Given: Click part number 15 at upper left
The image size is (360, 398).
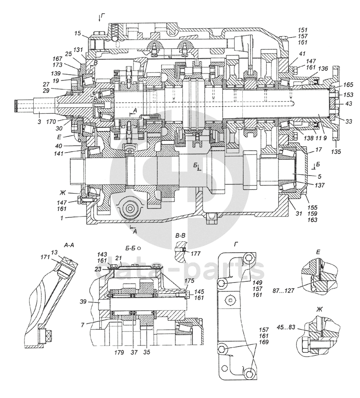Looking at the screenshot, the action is pyautogui.click(x=78, y=33).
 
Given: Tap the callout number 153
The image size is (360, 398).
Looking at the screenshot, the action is pyautogui.click(x=348, y=95).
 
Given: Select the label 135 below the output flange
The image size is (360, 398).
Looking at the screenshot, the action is pyautogui.click(x=336, y=152).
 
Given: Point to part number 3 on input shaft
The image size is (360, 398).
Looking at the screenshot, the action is pyautogui.click(x=39, y=122).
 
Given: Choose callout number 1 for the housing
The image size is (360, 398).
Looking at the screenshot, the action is pyautogui.click(x=62, y=218).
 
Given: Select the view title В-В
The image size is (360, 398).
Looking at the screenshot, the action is pyautogui.click(x=180, y=236).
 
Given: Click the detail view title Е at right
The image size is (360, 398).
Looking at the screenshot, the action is pyautogui.click(x=318, y=252).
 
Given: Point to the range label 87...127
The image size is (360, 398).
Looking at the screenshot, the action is pyautogui.click(x=284, y=290).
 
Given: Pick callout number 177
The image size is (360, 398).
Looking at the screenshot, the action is pyautogui.click(x=196, y=254).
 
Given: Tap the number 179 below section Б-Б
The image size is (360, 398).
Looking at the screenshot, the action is pyautogui.click(x=119, y=352).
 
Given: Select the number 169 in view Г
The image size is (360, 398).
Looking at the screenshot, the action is pyautogui.click(x=264, y=342).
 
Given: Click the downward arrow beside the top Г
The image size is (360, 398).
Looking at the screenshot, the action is pyautogui.click(x=99, y=18).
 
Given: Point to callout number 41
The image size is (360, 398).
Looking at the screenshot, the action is pyautogui.click(x=302, y=54).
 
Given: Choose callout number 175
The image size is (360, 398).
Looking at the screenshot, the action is pyautogui.click(x=189, y=281).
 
